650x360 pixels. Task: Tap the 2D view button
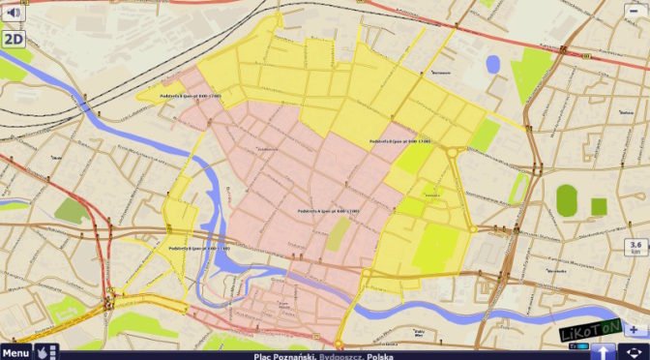13,39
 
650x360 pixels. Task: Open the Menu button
15,352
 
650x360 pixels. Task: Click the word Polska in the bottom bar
380,355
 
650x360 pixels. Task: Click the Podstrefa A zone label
329,210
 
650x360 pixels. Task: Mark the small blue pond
493,65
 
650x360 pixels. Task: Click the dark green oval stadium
567,200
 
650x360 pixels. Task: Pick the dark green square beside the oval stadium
599,205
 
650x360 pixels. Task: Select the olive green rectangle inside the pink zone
338,233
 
